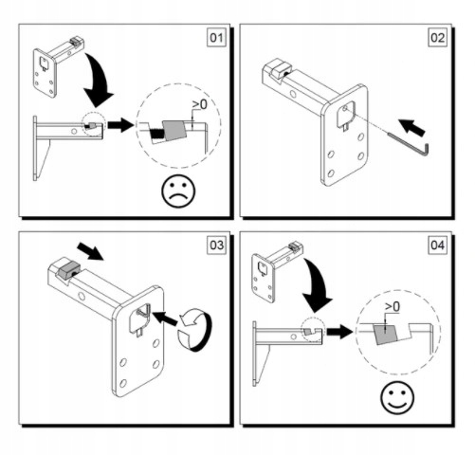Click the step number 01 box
tap(217, 38)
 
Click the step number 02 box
tap(438, 38)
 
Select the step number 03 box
tap(217, 246)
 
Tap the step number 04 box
tap(438, 246)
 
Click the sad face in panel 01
tap(178, 191)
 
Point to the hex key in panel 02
tap(411, 147)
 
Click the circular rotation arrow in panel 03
tap(195, 330)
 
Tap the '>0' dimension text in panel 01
tap(200, 105)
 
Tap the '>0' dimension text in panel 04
tap(393, 306)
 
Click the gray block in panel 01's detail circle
tap(174, 130)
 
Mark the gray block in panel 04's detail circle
tap(386, 334)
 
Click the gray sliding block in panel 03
tap(67, 269)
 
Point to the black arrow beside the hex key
tap(411, 127)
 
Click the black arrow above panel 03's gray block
tap(91, 251)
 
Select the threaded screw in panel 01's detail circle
tap(155, 134)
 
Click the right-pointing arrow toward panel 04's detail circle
tap(339, 332)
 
